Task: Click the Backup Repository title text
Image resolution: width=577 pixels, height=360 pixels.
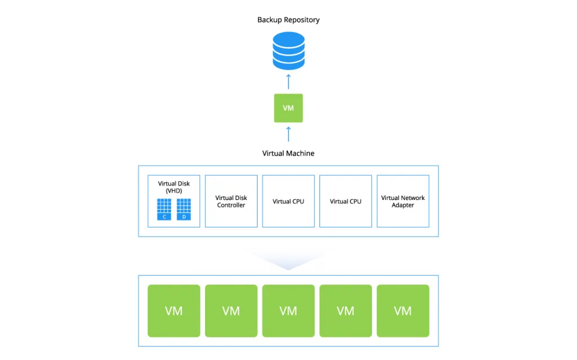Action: tap(288, 20)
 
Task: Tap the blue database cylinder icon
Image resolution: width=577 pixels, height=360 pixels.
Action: tap(288, 51)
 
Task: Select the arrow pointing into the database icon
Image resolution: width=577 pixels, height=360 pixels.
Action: tap(288, 82)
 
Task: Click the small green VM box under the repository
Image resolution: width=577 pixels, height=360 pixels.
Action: tap(288, 108)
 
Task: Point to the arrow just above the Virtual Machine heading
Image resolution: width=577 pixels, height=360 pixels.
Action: tap(288, 134)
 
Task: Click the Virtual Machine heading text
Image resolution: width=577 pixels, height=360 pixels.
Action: tap(288, 153)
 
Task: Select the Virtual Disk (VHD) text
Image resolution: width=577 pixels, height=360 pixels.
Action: tap(174, 187)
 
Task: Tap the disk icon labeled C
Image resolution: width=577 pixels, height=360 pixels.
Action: tap(164, 209)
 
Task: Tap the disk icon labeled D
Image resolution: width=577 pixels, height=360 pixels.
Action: tap(184, 209)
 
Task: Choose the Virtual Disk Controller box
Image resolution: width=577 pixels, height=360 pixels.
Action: tap(231, 201)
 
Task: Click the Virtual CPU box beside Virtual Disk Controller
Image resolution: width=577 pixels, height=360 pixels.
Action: tap(288, 201)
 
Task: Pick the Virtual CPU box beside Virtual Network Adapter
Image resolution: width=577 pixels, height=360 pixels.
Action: tap(345, 201)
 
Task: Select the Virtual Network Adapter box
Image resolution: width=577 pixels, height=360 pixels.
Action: tap(403, 201)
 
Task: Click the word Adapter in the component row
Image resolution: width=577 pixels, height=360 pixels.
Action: tap(403, 206)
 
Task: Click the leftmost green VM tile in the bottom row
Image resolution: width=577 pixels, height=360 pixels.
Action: tap(174, 311)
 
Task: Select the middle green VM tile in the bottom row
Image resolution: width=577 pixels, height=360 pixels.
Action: tap(288, 311)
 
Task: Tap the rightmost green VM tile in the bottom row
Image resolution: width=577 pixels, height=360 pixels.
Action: tap(403, 311)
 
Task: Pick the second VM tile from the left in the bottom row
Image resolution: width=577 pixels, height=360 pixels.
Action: tap(231, 311)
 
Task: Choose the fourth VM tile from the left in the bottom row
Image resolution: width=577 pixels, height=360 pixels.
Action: tap(345, 311)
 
